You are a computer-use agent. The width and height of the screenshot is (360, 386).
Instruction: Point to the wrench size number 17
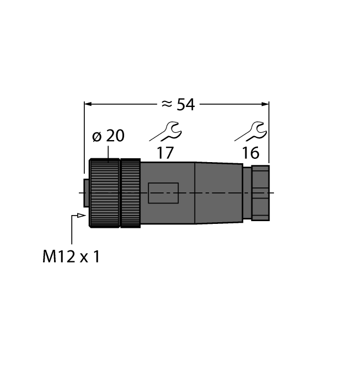[165, 153]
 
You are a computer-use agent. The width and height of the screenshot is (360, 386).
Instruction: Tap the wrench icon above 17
[165, 132]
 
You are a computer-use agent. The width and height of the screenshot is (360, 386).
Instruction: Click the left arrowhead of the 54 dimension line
[87, 103]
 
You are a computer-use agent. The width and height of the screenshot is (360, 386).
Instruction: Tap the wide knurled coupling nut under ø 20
[104, 193]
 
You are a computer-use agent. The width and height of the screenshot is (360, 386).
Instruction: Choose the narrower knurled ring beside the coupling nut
[130, 193]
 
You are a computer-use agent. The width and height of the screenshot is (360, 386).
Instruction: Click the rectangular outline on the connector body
[163, 194]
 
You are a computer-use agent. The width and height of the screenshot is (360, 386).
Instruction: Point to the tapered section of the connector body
[218, 192]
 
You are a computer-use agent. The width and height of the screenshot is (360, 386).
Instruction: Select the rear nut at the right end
[260, 192]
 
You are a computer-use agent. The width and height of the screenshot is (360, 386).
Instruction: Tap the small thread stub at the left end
[85, 193]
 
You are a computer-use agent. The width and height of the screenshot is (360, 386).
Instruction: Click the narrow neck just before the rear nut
[247, 192]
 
